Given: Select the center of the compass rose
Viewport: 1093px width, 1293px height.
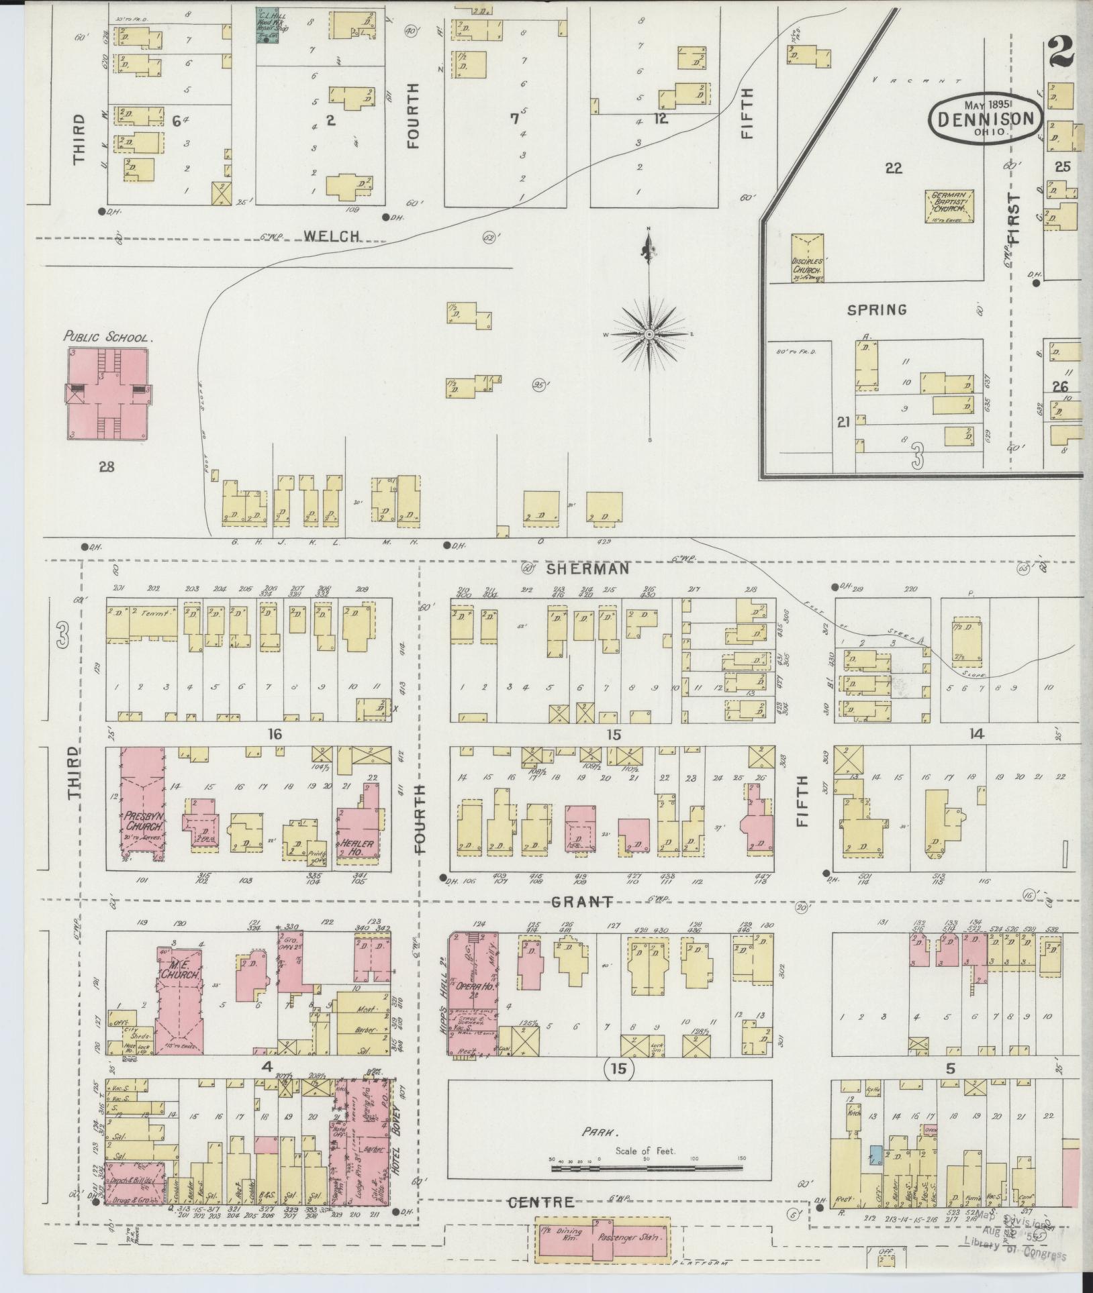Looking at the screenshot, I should click(649, 333).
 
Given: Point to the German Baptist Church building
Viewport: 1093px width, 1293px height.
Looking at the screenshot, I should click(951, 205).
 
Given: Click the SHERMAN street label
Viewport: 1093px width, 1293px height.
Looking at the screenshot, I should click(587, 568).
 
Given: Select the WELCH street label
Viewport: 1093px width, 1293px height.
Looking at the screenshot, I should click(332, 236).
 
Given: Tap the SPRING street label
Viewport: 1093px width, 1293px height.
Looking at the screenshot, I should click(876, 310).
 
